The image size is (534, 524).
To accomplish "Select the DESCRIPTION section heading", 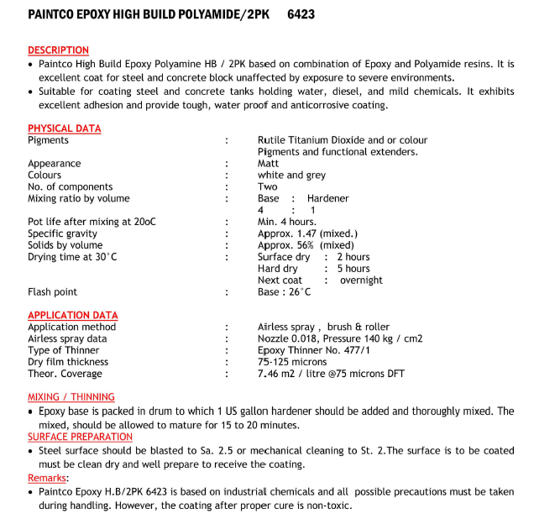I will click(x=58, y=50).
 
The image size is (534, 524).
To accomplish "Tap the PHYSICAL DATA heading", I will click(x=64, y=128).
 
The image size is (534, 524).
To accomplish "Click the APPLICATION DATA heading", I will click(x=72, y=315).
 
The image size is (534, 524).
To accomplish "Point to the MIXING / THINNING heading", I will click(x=71, y=397).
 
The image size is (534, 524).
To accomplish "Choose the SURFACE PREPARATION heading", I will click(x=80, y=437).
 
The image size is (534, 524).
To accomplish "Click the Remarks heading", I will click(x=48, y=478).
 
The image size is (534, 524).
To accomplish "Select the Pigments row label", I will click(x=48, y=140).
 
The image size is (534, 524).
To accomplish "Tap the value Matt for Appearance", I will click(x=268, y=164).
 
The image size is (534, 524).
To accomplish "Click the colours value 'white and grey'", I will click(x=291, y=176).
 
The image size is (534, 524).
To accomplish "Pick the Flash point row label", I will click(x=52, y=292).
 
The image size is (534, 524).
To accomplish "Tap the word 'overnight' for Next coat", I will click(x=361, y=280).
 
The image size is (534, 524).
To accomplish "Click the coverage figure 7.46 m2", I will click(x=280, y=374).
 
